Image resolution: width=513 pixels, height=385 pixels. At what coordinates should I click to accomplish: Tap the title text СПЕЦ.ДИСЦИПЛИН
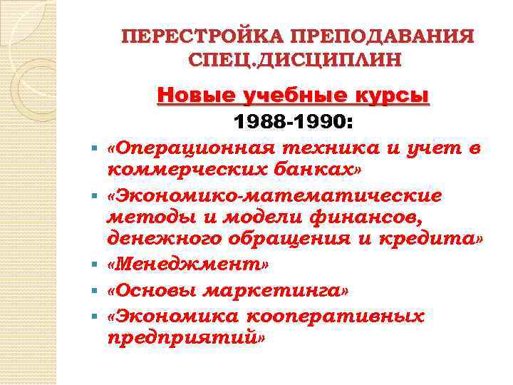point(295,58)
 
